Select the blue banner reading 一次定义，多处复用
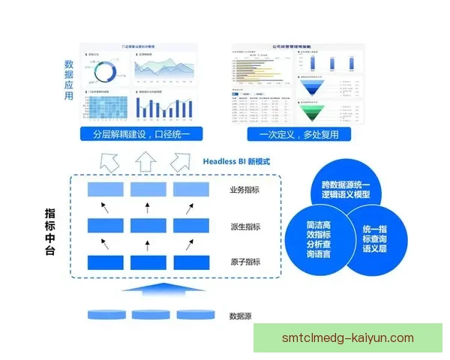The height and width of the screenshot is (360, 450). coord(298,135)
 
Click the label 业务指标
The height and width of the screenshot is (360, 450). coord(244,190)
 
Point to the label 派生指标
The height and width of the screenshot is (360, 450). coord(244,226)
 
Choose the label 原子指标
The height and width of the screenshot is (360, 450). coord(244,262)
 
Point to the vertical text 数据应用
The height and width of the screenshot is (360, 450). coord(69,80)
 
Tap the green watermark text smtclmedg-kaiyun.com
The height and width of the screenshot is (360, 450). coord(347,338)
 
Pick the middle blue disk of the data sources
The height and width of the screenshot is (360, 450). coord(147,313)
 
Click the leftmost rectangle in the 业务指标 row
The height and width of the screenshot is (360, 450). coord(105,190)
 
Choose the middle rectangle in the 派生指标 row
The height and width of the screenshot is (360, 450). coord(148,226)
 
